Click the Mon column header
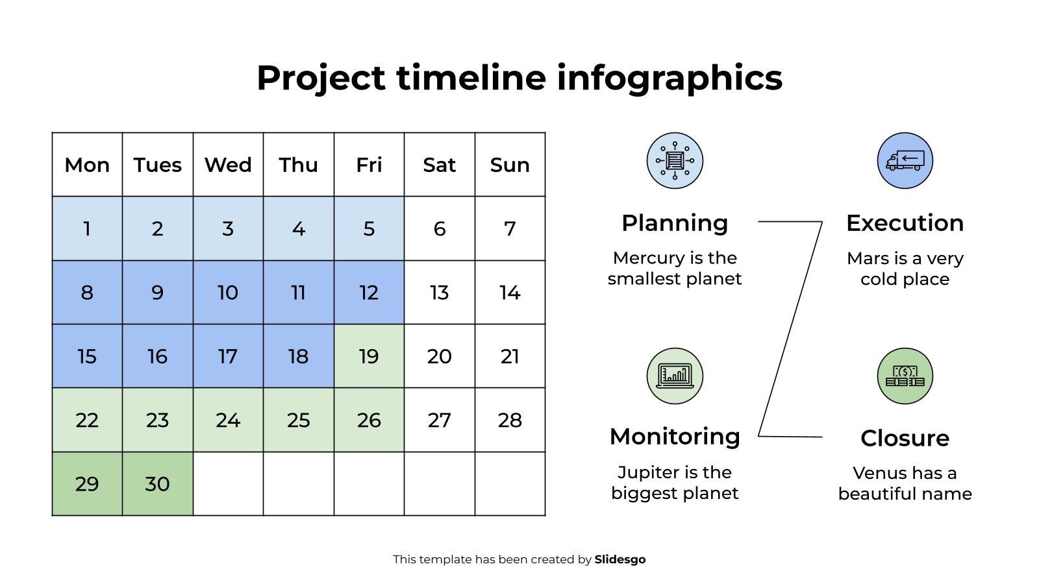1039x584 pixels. click(x=87, y=165)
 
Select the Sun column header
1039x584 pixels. click(x=510, y=165)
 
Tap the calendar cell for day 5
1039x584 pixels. click(x=369, y=228)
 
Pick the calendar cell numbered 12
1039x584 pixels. click(x=369, y=293)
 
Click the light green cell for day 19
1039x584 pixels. click(x=369, y=356)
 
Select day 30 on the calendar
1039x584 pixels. click(x=157, y=484)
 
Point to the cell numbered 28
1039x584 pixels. click(x=510, y=420)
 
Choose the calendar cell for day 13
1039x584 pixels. click(x=440, y=293)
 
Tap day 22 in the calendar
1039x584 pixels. click(x=87, y=420)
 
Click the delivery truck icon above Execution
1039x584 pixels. click(x=905, y=160)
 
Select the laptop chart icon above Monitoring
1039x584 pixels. click(x=675, y=376)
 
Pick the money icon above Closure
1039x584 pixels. click(x=905, y=376)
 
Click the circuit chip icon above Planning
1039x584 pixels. click(x=675, y=160)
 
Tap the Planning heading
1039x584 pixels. click(x=675, y=223)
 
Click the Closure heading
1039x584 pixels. click(x=905, y=438)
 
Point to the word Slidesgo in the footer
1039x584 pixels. click(x=620, y=559)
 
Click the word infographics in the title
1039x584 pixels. click(x=669, y=78)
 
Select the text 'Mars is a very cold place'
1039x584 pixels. click(x=905, y=269)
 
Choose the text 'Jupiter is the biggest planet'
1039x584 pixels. click(x=675, y=483)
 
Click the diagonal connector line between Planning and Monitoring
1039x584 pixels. click(x=790, y=328)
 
